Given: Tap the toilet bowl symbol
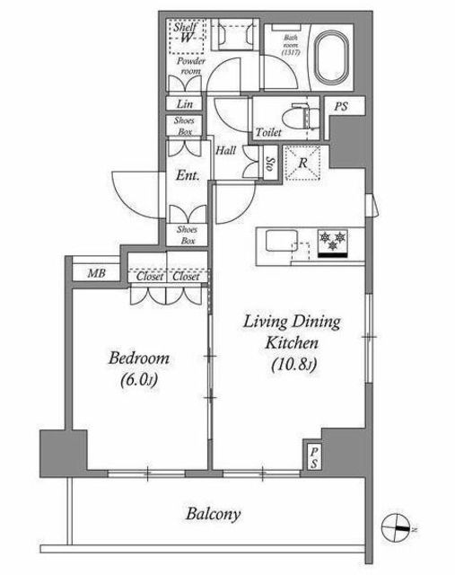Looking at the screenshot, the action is click(301, 117).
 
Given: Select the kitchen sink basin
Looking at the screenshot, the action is click(282, 240).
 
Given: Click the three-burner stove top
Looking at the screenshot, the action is click(333, 243).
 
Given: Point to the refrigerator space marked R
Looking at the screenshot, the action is click(302, 164).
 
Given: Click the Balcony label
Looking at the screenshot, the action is click(213, 514).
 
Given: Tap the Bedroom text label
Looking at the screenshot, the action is click(139, 358).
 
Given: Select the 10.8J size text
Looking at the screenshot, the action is click(293, 365).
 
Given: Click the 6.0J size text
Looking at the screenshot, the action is click(139, 380).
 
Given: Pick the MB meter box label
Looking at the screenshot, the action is click(97, 273).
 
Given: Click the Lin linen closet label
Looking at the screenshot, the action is click(185, 104).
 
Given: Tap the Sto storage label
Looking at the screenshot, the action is click(270, 164).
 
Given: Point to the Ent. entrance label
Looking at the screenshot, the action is click(188, 175).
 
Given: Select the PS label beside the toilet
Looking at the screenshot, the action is click(341, 107).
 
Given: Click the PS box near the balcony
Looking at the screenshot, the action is click(313, 457).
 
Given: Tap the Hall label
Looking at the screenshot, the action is click(225, 150).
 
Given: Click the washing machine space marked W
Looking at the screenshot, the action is click(187, 37).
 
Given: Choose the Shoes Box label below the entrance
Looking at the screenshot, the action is click(187, 235).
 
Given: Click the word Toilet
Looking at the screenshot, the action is click(268, 132).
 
